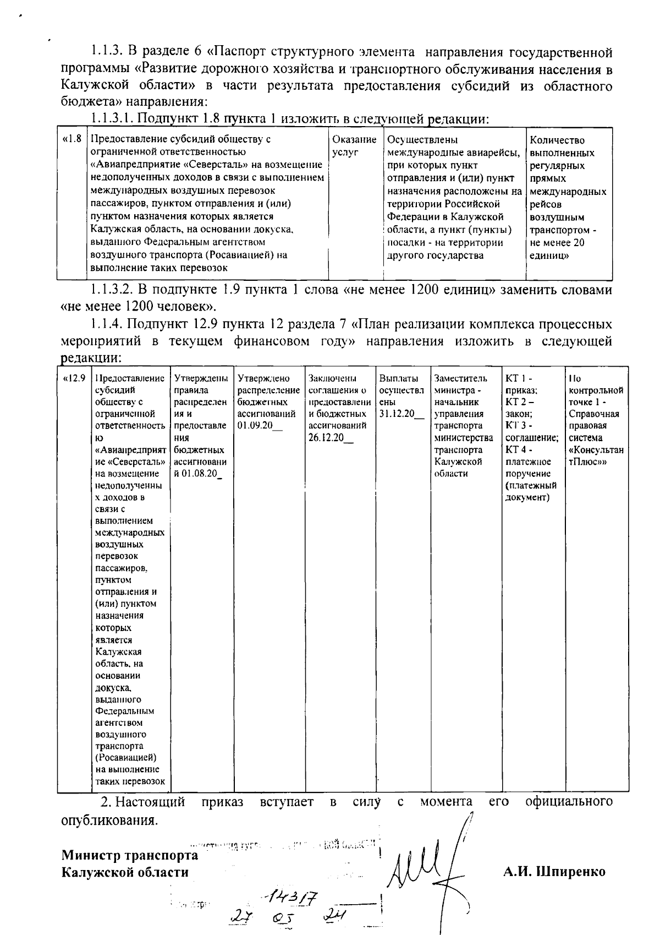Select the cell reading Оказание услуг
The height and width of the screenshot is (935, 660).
click(x=354, y=146)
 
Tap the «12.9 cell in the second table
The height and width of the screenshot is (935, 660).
click(x=74, y=378)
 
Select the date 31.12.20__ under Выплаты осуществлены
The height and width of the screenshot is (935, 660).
click(x=401, y=414)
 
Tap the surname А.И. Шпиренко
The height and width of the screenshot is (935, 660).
click(x=554, y=872)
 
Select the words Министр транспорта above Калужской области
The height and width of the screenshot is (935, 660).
click(x=130, y=855)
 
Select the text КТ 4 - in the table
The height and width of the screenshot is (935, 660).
click(x=518, y=450)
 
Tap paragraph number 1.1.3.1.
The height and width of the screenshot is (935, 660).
click(x=113, y=118)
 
